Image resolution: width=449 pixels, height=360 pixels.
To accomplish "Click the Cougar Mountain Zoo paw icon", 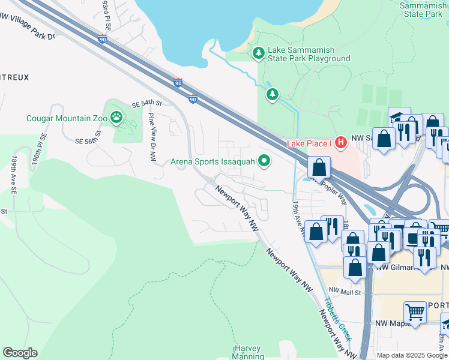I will (116, 118).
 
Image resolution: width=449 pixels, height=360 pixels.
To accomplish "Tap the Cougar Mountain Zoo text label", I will (67, 118).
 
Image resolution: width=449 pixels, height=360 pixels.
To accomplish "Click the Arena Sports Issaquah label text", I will (213, 161).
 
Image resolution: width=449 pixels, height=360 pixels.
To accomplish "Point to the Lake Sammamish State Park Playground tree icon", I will (259, 53).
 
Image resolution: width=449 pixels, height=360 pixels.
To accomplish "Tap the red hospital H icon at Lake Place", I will (340, 143).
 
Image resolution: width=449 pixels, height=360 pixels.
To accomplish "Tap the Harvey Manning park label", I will (248, 352).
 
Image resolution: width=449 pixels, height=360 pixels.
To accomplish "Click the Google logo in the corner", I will (20, 353).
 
